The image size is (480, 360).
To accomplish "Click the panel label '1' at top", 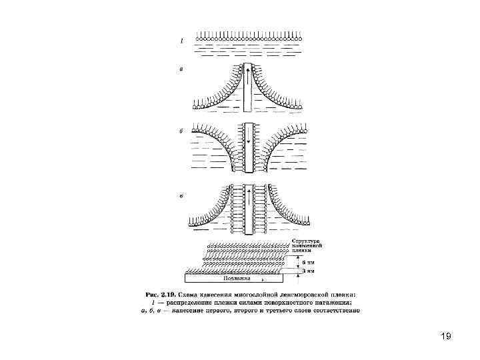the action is pyautogui.click(x=179, y=41).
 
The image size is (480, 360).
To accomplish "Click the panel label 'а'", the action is pyautogui.click(x=179, y=68).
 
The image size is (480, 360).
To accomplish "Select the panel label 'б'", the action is pyautogui.click(x=180, y=131).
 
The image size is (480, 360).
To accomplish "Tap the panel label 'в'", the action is pyautogui.click(x=179, y=196).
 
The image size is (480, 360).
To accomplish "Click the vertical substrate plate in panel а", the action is pyautogui.click(x=247, y=90).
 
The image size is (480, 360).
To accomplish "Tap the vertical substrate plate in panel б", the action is pyautogui.click(x=247, y=150).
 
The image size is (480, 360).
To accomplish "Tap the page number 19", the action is pyautogui.click(x=446, y=336).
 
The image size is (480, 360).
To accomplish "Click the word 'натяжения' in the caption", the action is pyautogui.click(x=339, y=302).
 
